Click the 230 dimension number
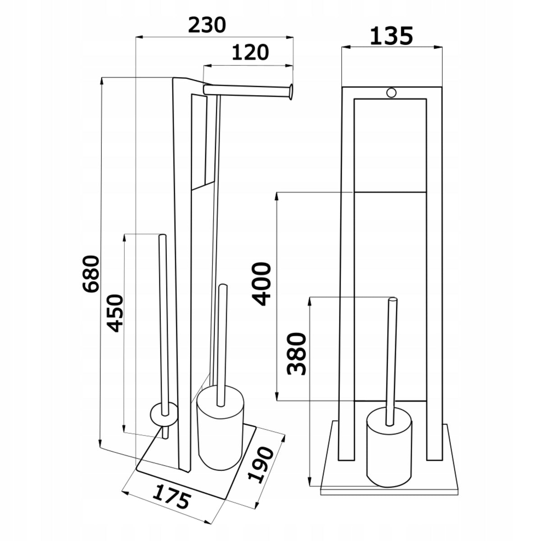[x=206, y=25]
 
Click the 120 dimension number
[x=250, y=52]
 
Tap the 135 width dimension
[x=391, y=36]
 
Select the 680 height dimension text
[x=91, y=274]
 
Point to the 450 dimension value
[x=115, y=313]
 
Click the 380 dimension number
[x=297, y=354]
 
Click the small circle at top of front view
[x=391, y=92]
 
